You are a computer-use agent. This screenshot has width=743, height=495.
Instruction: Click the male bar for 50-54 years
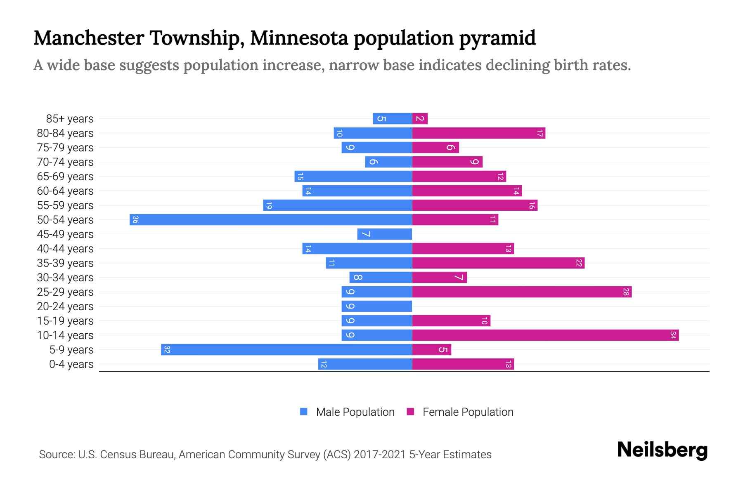point(271,219)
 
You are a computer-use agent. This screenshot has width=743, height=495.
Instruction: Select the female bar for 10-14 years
point(545,335)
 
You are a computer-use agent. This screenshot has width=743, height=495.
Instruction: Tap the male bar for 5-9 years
point(286,349)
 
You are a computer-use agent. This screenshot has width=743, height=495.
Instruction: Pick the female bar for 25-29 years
point(522,292)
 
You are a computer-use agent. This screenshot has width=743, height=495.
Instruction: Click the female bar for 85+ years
point(420,119)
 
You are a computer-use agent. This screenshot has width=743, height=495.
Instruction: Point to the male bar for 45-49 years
point(385,234)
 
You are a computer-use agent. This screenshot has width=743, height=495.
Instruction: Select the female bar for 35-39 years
point(498,263)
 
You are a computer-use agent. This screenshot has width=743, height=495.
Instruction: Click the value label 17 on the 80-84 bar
point(540,133)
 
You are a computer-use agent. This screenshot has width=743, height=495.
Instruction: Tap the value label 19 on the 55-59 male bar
point(269,205)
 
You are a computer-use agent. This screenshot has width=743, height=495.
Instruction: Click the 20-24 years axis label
point(65,306)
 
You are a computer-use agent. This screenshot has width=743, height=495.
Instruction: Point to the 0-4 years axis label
point(71,364)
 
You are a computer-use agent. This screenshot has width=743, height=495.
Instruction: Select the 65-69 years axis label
point(65,177)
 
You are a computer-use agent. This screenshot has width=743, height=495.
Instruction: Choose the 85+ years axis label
point(70,119)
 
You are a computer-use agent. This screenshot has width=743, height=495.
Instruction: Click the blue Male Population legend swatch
point(304,412)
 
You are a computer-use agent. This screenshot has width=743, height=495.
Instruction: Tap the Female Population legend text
point(468,412)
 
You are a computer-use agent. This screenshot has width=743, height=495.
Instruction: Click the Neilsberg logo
point(662,450)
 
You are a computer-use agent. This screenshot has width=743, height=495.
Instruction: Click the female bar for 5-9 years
point(431,349)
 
